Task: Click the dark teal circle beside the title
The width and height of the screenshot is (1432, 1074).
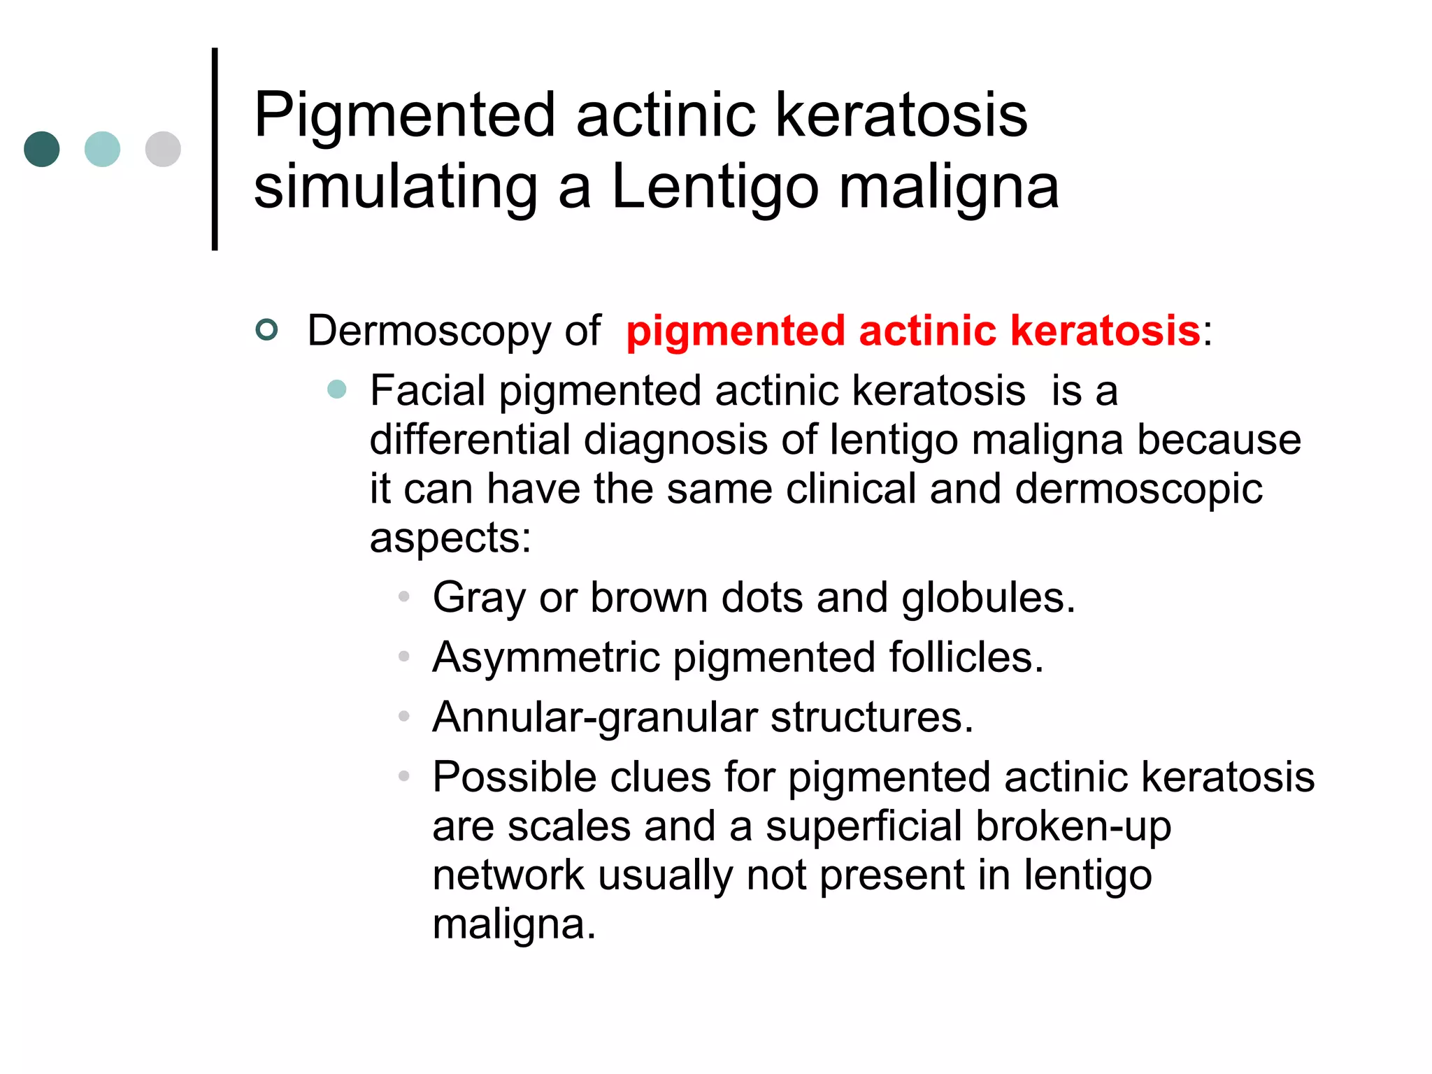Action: (42, 149)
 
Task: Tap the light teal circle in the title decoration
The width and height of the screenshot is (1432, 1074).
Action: (102, 149)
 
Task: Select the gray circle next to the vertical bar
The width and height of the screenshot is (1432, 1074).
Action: (163, 149)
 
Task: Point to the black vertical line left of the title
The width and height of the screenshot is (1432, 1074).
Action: (215, 149)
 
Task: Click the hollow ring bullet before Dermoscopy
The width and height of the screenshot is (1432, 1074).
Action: (267, 329)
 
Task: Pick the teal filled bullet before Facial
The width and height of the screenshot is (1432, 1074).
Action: (337, 389)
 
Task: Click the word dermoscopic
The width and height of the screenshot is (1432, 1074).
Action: (1138, 489)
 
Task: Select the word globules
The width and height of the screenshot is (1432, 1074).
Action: (987, 599)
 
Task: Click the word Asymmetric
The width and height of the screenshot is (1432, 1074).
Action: (546, 658)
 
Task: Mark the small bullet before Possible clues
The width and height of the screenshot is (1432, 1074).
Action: (403, 776)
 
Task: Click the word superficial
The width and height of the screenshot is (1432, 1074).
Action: (864, 826)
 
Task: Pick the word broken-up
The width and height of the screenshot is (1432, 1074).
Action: (1073, 826)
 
